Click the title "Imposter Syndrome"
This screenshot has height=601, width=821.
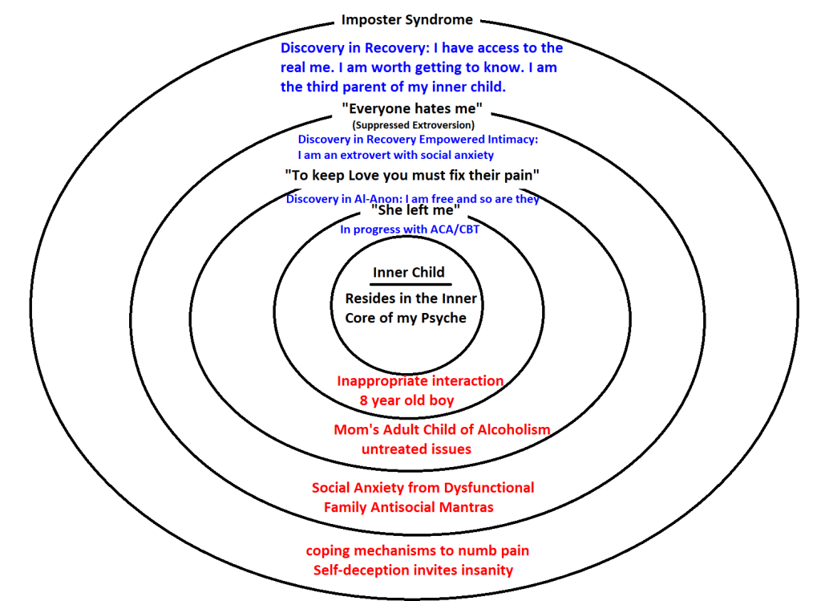(x=407, y=19)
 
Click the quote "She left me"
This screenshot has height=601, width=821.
(x=415, y=212)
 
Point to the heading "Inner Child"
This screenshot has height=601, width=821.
(x=409, y=272)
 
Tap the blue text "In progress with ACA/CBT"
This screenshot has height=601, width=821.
(x=410, y=229)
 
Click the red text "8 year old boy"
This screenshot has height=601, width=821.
(x=407, y=400)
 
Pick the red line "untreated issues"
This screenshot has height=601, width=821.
(x=416, y=449)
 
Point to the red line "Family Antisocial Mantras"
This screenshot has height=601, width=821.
(x=409, y=506)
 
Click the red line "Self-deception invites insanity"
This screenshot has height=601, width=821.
(x=413, y=570)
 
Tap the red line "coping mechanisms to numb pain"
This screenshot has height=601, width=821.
(x=418, y=550)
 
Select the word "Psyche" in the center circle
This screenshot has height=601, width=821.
(x=440, y=317)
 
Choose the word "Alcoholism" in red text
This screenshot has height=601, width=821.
(x=510, y=429)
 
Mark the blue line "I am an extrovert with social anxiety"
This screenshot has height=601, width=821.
(x=395, y=155)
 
